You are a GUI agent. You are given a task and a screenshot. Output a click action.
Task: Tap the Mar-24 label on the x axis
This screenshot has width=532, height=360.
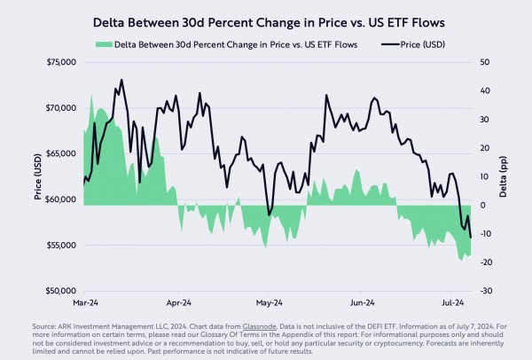tap(86, 301)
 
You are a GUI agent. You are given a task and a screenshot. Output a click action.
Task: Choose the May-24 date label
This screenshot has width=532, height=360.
tap(269, 301)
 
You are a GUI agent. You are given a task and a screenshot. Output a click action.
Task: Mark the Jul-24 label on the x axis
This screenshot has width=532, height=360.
tap(452, 301)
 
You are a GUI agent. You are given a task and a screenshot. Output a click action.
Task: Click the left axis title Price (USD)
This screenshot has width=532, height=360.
tap(39, 176)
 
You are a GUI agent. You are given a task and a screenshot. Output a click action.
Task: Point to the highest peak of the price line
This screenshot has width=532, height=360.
tap(121, 80)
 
